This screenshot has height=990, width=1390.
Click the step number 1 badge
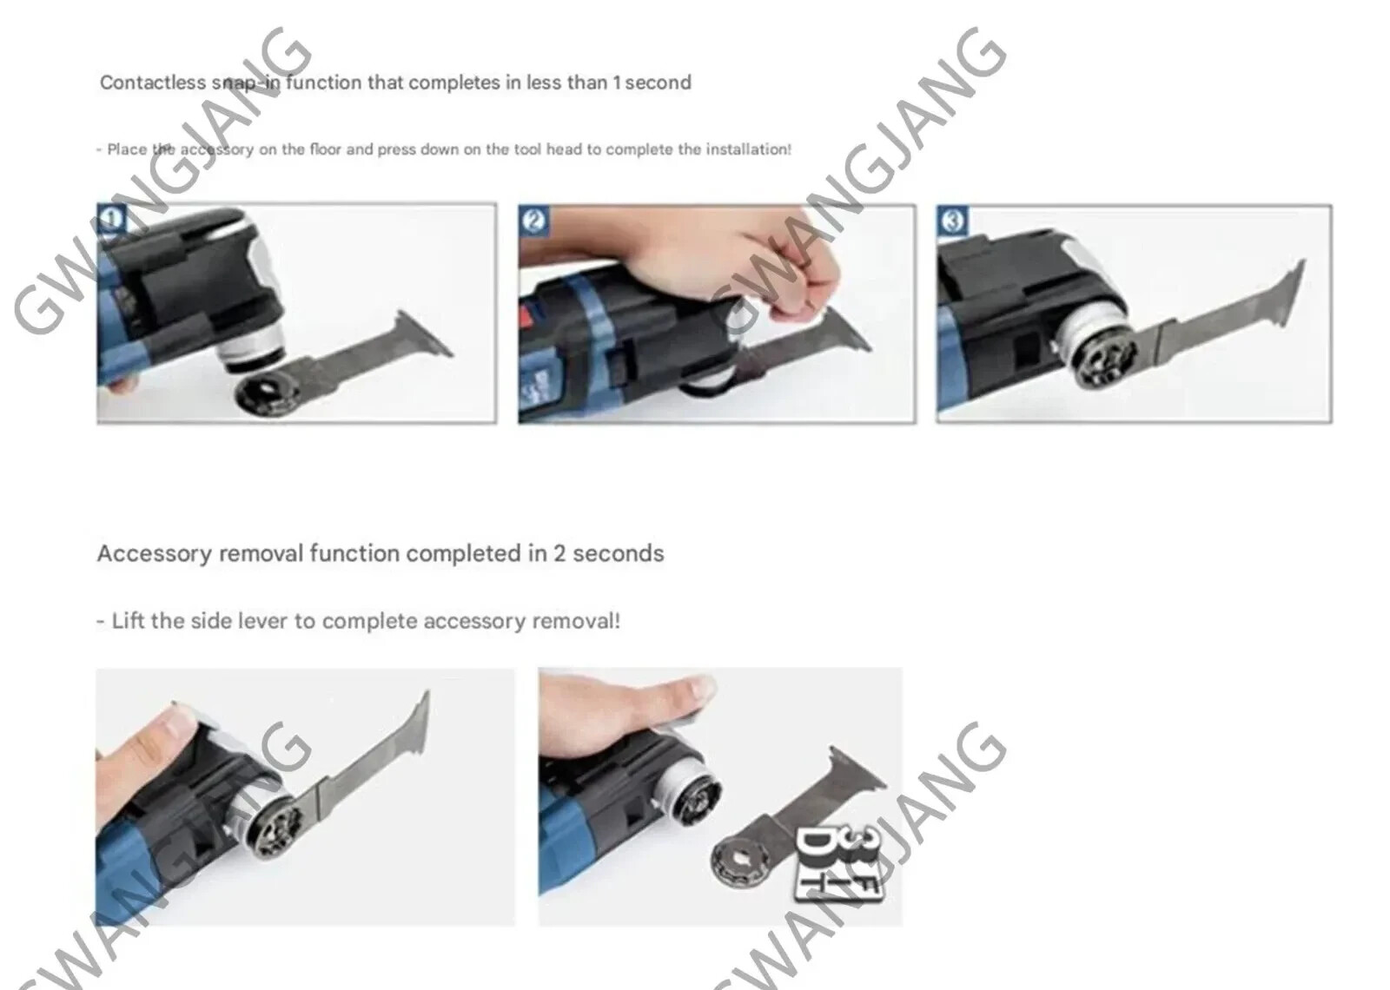[x=112, y=218]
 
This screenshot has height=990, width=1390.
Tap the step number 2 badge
[x=533, y=221]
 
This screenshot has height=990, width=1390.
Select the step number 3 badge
[x=952, y=221]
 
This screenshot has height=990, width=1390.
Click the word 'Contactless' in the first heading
[x=153, y=82]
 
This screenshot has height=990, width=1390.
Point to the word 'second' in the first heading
[x=658, y=82]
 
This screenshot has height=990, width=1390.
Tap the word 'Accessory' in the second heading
[x=155, y=553]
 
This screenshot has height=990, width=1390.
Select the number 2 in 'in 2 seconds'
[x=559, y=553]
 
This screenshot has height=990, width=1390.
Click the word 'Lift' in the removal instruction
[x=127, y=621]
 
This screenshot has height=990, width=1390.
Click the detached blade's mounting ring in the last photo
[x=742, y=863]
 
